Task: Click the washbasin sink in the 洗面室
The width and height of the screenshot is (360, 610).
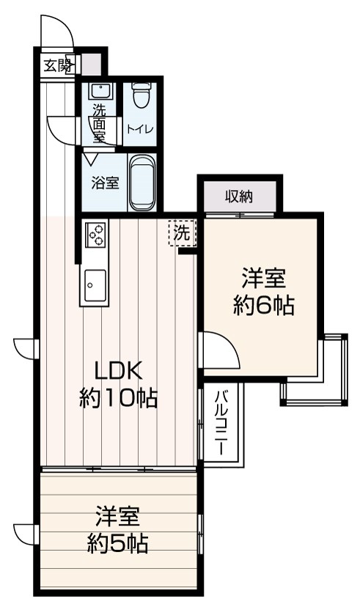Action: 99,92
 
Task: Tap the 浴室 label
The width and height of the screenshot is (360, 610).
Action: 104,183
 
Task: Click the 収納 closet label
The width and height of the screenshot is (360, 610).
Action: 239,196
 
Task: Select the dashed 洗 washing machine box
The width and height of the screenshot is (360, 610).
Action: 182,233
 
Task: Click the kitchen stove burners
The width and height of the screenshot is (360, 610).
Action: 95,234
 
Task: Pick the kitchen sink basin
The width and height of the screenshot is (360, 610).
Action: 95,282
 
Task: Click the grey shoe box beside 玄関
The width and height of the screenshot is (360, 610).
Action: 90,65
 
